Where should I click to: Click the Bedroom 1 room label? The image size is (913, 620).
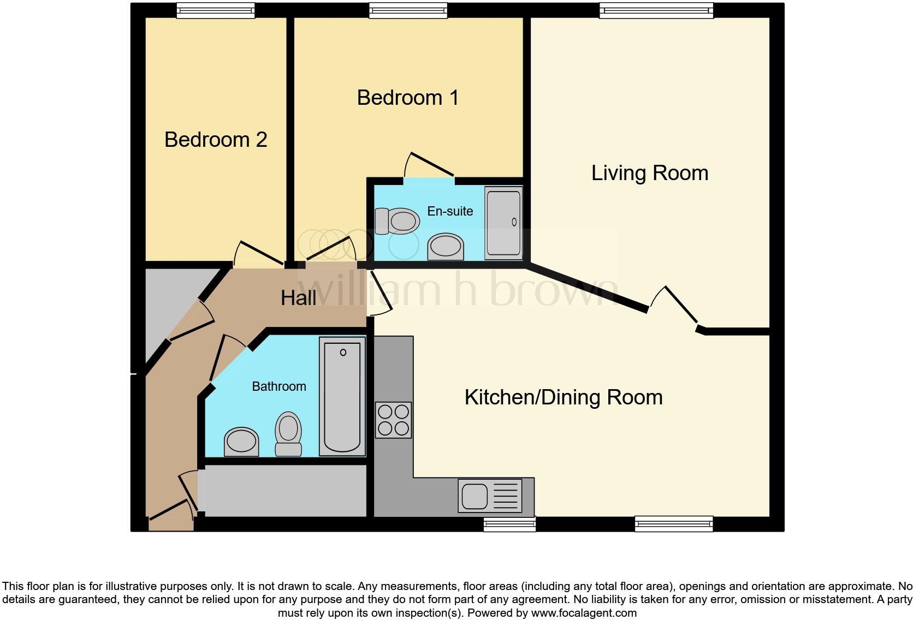coord(407,98)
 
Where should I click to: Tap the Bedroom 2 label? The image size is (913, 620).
coord(216,140)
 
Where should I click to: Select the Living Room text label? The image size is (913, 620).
coord(650,173)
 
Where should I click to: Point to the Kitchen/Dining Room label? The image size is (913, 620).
coord(564,397)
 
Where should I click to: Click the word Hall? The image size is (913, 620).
coord(298,298)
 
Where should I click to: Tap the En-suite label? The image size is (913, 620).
coord(450,211)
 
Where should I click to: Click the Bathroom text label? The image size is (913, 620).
coord(279,386)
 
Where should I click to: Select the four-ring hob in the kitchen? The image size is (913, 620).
coord(393,420)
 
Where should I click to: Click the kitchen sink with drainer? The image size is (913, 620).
coord(490,496)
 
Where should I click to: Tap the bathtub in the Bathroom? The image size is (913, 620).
coord(342,396)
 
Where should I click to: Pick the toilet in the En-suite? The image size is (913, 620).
coord(397,221)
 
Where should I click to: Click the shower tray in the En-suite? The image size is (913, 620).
coord(503,223)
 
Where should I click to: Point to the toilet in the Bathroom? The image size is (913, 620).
coord(288,434)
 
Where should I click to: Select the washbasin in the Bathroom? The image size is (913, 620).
coord(241,442)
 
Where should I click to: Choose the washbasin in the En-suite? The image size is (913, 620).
coord(446,247)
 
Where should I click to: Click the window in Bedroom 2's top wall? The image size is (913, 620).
coord(216,10)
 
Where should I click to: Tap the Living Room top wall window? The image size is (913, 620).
coord(656,10)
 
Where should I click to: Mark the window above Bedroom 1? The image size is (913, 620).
coord(408,10)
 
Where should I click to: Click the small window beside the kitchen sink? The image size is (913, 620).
coord(509,524)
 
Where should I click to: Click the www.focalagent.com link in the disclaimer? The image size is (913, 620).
coord(584,613)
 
